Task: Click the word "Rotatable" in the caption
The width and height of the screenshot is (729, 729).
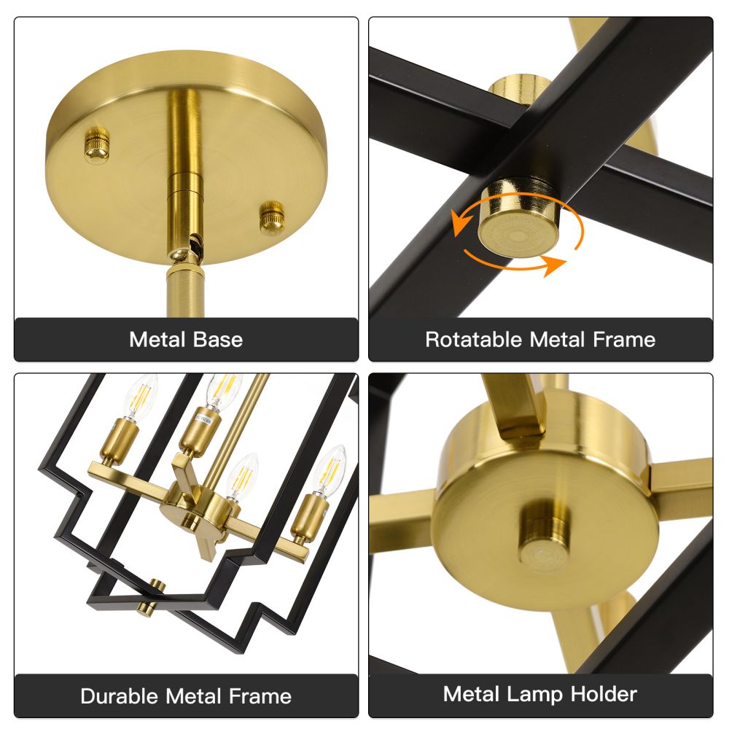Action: coord(475,340)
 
